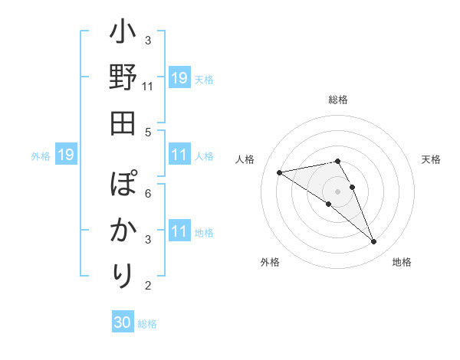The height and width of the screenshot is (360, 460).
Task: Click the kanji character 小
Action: [123, 35]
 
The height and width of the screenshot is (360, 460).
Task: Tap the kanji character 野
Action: [123, 80]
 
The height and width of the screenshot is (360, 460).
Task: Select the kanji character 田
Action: [123, 123]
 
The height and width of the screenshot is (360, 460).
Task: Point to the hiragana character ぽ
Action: [123, 186]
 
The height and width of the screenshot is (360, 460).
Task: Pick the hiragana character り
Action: [123, 273]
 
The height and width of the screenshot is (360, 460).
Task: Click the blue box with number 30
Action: [123, 322]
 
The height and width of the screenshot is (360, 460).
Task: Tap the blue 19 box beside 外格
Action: [65, 155]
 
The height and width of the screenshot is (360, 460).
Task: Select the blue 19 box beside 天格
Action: [179, 78]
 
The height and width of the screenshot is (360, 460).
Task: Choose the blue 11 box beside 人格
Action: [179, 155]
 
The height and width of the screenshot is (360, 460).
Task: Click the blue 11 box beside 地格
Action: [179, 231]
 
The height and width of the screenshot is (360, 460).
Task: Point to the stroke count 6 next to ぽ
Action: [148, 193]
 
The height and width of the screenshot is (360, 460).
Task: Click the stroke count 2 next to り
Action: [148, 286]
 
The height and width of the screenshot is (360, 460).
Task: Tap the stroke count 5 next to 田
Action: [148, 132]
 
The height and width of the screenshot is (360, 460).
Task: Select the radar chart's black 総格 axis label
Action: [338, 100]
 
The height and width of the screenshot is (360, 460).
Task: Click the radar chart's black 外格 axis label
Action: [270, 262]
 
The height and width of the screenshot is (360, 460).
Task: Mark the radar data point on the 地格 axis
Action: [373, 242]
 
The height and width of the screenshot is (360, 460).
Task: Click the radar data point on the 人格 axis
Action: [279, 172]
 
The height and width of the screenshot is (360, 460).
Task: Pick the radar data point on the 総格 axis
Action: [338, 161]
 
